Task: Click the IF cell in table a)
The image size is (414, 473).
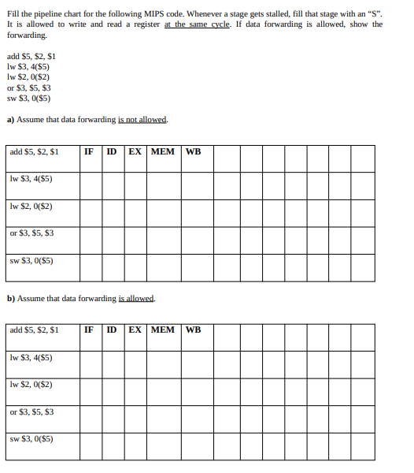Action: (90, 151)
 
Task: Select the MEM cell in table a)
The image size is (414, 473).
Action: (162, 151)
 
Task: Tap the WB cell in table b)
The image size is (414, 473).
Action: (194, 330)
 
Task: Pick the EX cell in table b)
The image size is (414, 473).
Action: (135, 330)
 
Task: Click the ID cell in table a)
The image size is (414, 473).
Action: (113, 151)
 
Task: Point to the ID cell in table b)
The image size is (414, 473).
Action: (113, 330)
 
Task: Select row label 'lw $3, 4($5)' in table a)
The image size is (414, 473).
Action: (31, 179)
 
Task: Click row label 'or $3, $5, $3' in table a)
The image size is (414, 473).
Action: (31, 233)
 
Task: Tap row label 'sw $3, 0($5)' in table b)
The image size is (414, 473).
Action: (31, 439)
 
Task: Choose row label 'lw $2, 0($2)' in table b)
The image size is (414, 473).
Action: (31, 385)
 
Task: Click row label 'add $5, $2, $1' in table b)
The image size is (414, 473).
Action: (34, 330)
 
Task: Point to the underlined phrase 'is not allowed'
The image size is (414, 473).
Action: (142, 120)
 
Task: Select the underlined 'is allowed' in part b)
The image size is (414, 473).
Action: (136, 299)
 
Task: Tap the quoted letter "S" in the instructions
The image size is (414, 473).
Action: (375, 13)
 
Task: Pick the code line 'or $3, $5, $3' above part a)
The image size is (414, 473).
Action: (28, 88)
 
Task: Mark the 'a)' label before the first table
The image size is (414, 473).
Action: (10, 120)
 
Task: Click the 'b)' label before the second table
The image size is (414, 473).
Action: (10, 299)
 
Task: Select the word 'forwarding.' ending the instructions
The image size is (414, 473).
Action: (27, 35)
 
